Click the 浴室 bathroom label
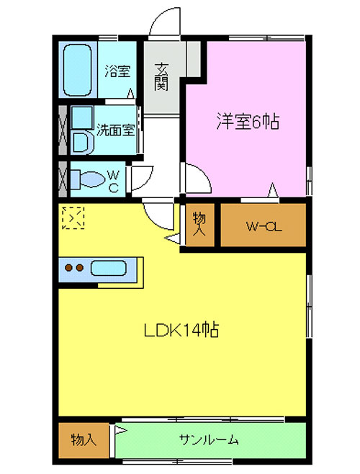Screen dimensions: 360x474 coord(117,71)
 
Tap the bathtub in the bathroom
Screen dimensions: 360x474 coord(77,71)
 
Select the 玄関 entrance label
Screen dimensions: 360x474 coord(161,77)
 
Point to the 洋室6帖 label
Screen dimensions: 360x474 coord(248,121)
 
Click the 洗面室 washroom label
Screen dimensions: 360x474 coord(115,130)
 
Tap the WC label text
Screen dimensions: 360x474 coord(113,181)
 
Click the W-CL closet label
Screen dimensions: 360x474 coord(264,226)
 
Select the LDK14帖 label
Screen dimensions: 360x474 coord(181,330)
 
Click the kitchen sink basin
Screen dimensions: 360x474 coord(108,268)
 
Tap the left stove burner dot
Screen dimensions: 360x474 coord(69,267)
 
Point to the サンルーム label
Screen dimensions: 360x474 coord(209,440)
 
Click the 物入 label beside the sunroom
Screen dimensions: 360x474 coord(84,439)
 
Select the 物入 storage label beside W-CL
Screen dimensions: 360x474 coord(199,224)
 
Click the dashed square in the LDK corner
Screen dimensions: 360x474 coord(73,218)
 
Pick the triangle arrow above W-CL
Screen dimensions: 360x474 coord(273,190)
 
